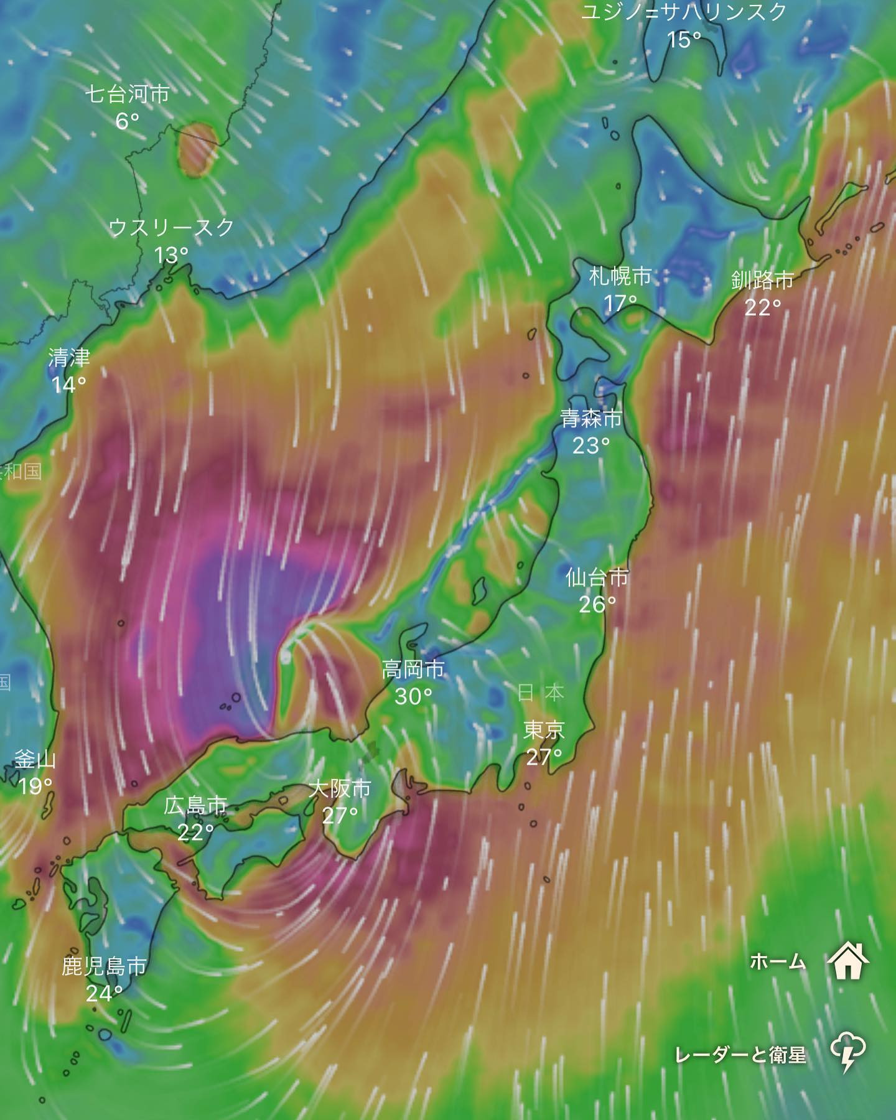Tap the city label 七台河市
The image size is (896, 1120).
click(x=127, y=94)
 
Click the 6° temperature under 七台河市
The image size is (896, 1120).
click(x=127, y=121)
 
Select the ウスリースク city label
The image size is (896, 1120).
click(x=171, y=228)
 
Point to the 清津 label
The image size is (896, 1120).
click(x=69, y=358)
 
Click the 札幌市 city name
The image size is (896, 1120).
click(x=620, y=276)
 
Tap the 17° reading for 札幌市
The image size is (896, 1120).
click(x=620, y=303)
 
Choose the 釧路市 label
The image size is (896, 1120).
click(x=763, y=280)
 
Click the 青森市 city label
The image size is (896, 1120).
click(x=591, y=418)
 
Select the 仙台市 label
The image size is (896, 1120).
click(x=597, y=577)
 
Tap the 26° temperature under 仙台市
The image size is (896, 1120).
click(x=597, y=604)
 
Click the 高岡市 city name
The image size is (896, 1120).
click(x=413, y=670)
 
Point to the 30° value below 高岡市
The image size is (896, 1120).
click(x=413, y=696)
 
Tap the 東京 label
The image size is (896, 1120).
click(x=544, y=729)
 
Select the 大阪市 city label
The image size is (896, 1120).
click(x=340, y=788)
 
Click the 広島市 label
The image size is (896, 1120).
click(x=195, y=805)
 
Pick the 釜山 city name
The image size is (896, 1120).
click(x=35, y=759)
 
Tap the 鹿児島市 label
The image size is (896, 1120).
click(x=104, y=966)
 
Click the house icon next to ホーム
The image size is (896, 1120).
click(x=847, y=961)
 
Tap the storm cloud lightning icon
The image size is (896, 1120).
click(x=847, y=1052)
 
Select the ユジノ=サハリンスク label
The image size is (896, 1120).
click(x=684, y=12)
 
